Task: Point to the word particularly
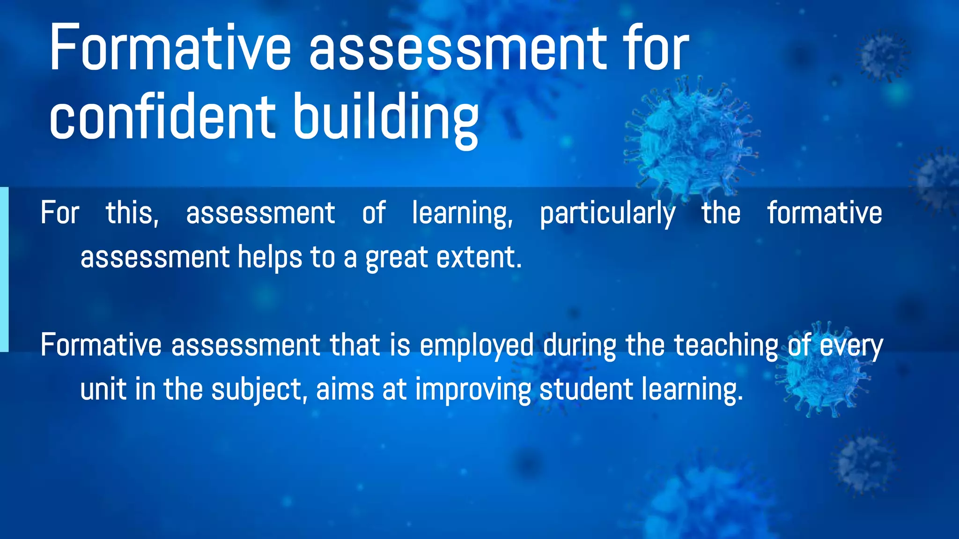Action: [607, 213]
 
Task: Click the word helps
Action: [270, 257]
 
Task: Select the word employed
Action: [477, 346]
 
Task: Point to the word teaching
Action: [725, 346]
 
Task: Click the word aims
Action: [345, 389]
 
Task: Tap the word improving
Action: [473, 390]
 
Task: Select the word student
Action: [586, 389]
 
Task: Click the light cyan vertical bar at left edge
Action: [4, 269]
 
